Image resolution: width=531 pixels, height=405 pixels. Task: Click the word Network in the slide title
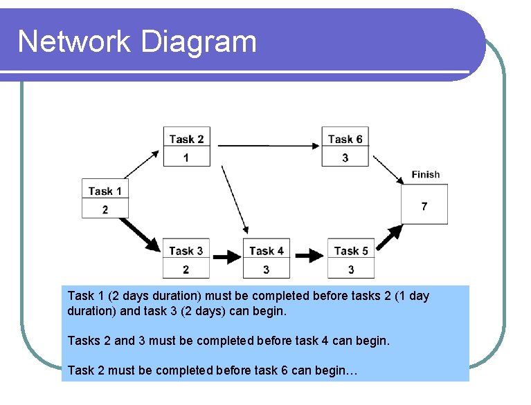[x=74, y=42]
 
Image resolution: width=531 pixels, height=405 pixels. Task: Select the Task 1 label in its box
[x=105, y=191]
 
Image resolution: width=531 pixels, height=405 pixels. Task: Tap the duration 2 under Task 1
[x=105, y=209]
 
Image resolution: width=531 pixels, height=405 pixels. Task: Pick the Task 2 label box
[x=186, y=139]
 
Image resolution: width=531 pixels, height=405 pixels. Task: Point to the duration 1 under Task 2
[x=186, y=158]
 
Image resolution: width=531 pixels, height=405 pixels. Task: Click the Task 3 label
[x=186, y=250]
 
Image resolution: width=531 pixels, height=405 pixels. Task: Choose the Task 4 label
[x=267, y=250]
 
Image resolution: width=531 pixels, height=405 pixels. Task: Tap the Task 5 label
[x=351, y=250]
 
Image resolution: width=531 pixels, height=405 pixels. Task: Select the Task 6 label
[x=345, y=139]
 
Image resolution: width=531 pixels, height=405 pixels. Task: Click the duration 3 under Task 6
[x=345, y=158]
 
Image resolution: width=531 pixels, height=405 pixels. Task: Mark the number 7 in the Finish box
[x=424, y=205]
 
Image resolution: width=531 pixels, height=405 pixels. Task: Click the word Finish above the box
[x=425, y=175]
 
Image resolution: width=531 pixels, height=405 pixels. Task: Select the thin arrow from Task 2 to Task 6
[x=267, y=146]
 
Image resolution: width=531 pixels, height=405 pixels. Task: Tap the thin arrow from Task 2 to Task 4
[x=235, y=200]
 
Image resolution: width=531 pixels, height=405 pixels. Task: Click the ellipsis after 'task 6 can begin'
[x=352, y=371]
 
